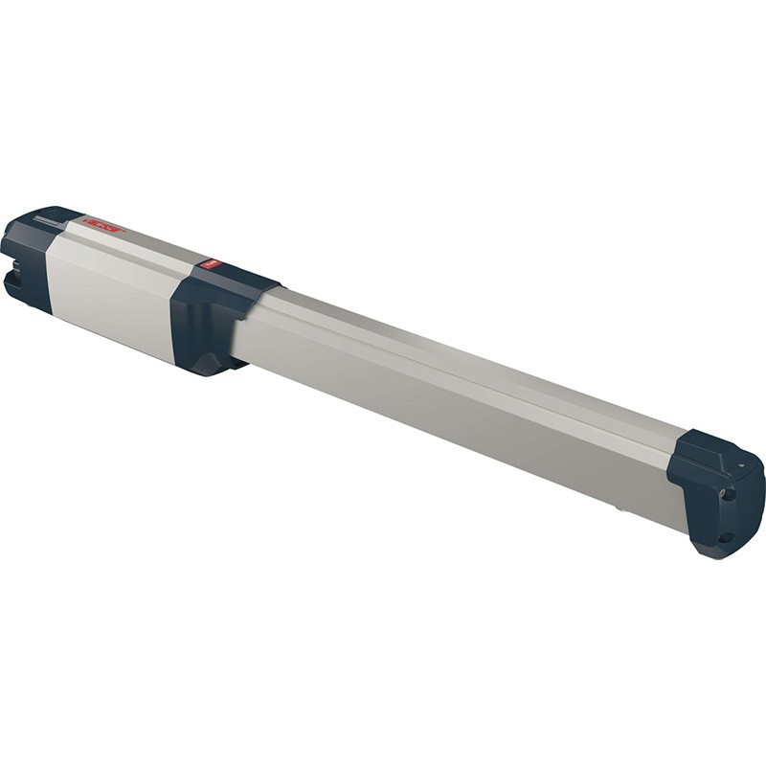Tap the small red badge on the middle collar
(212, 264)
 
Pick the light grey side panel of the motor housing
(110, 292)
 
